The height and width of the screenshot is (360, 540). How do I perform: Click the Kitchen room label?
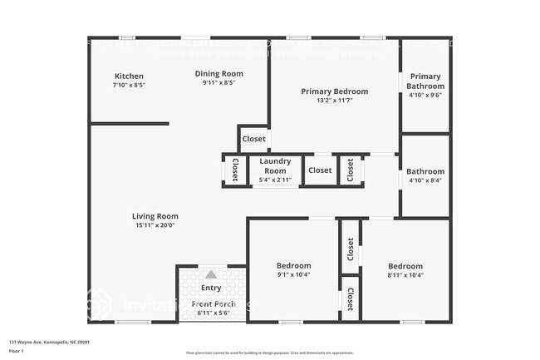(x=129, y=76)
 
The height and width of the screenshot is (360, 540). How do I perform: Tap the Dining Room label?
(x=219, y=73)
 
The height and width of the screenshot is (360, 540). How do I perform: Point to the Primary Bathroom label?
(x=425, y=81)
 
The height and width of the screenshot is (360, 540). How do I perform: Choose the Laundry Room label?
(x=275, y=165)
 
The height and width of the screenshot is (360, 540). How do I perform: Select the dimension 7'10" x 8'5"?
(x=129, y=85)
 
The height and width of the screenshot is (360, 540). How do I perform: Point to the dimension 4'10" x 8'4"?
(x=425, y=180)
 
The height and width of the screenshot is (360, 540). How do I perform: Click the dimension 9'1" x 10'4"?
(x=293, y=275)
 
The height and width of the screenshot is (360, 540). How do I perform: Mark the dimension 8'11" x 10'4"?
(x=405, y=275)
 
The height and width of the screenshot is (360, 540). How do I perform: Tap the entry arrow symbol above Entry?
(x=211, y=274)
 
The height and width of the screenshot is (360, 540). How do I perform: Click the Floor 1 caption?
(x=17, y=352)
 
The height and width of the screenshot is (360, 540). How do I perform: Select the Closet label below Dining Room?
(x=253, y=139)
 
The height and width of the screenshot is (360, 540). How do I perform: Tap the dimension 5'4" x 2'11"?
(x=275, y=180)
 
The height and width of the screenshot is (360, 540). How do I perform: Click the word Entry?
(x=212, y=288)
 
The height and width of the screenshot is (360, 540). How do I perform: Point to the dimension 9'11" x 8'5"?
(x=219, y=82)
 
